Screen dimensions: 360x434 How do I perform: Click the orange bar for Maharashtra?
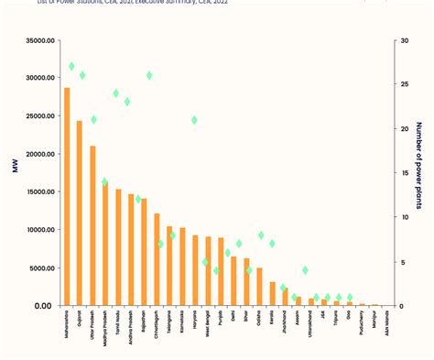coord(67,197)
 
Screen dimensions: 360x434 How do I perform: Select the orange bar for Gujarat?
coord(80,213)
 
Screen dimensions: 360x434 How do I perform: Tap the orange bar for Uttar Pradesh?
coord(92,225)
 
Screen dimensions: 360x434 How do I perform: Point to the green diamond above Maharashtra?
coord(71,67)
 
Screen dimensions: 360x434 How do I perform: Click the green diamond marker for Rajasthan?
coord(149,75)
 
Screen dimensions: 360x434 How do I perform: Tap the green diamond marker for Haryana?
coord(194,120)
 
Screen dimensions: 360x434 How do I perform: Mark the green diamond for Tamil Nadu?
coord(116,93)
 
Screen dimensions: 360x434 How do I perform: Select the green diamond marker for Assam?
coord(305,270)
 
